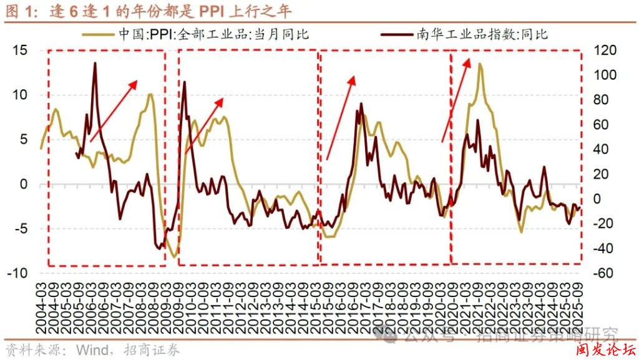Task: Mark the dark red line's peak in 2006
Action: [x=95, y=63]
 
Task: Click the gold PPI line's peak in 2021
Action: [x=480, y=64]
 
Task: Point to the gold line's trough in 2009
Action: [x=173, y=256]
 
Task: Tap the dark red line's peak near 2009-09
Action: [x=184, y=82]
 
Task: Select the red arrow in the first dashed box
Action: [x=114, y=110]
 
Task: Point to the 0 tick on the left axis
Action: [x=25, y=184]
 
